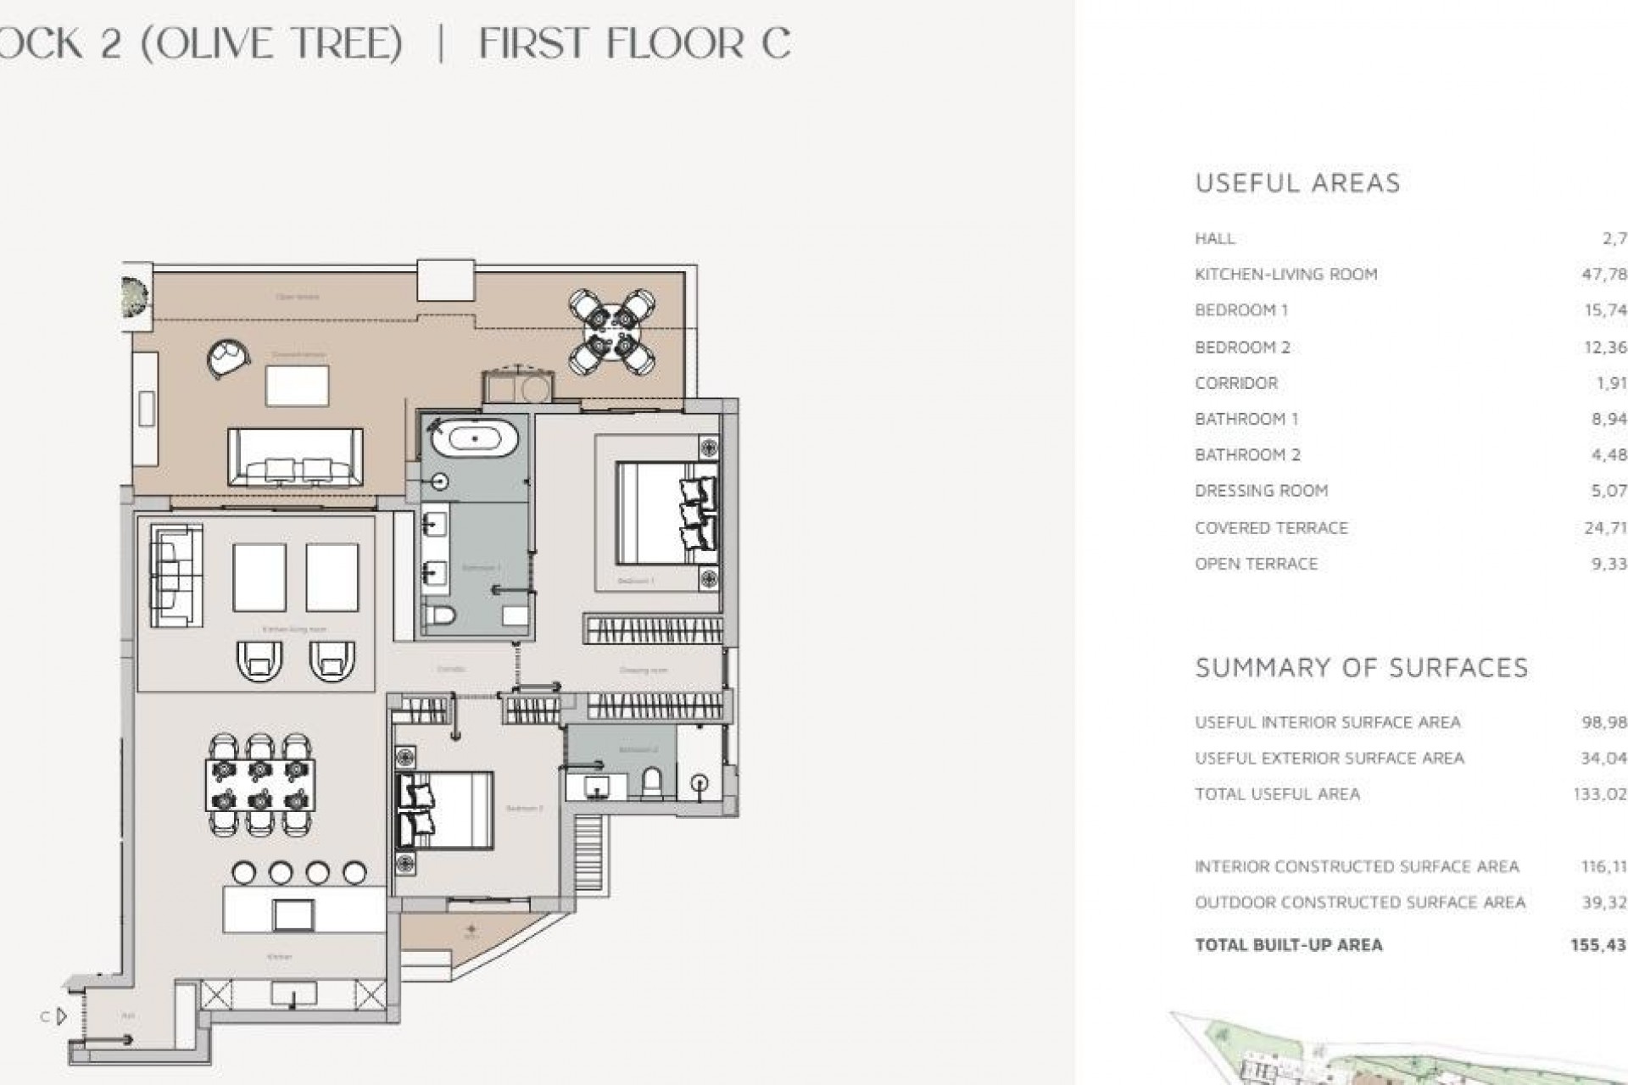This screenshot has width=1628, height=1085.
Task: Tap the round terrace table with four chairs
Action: [x=612, y=331]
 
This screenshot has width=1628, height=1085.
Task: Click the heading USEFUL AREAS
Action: [x=1296, y=183]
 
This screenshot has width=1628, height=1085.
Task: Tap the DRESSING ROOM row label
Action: [x=1261, y=491]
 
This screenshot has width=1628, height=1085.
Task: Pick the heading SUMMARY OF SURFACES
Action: [x=1361, y=668]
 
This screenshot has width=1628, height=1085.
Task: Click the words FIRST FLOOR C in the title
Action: [x=634, y=43]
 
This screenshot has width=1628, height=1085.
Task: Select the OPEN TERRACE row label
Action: [x=1256, y=564]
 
